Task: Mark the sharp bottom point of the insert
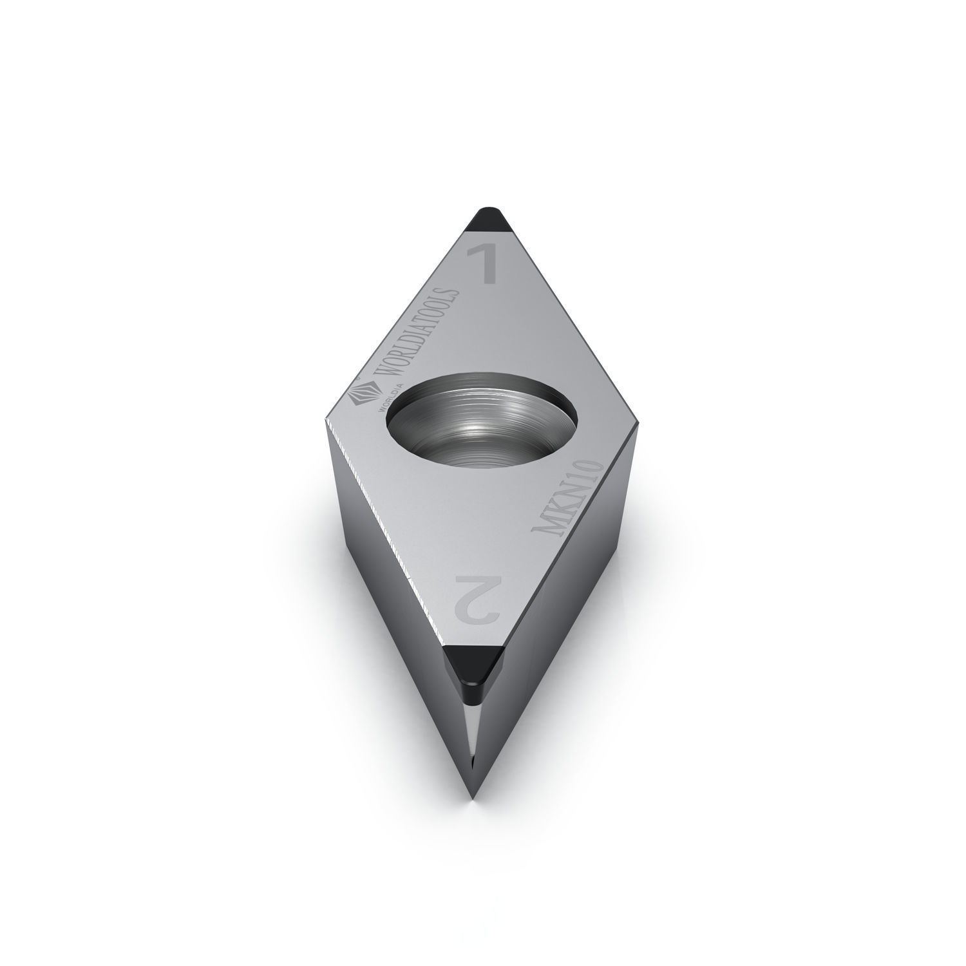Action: (x=473, y=799)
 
